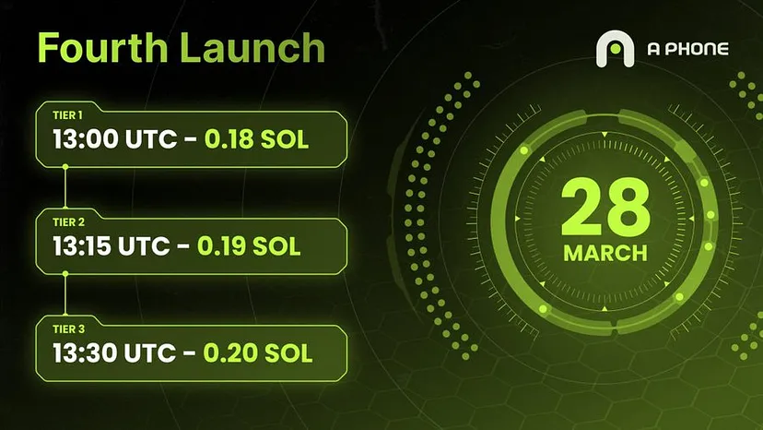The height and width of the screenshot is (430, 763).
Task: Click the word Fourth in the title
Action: [102, 47]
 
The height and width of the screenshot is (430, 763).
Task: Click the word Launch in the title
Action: [252, 47]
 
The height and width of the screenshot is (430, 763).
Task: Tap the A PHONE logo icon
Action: [615, 49]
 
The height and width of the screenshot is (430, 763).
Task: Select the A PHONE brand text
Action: [687, 49]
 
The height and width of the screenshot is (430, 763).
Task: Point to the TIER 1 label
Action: [67, 115]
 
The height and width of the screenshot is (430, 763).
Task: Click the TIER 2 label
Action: [68, 222]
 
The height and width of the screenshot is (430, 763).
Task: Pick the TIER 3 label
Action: [68, 329]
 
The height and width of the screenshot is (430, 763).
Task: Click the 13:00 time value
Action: [86, 139]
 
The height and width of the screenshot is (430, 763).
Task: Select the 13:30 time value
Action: [86, 353]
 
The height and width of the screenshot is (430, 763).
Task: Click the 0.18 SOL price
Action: [256, 139]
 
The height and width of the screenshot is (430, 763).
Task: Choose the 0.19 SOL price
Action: [249, 246]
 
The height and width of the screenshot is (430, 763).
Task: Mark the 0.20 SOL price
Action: [257, 353]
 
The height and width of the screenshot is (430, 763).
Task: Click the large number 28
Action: [605, 207]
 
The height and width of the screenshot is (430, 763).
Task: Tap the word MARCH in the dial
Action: [605, 253]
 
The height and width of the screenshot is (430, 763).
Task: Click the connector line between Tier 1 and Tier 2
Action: [65, 187]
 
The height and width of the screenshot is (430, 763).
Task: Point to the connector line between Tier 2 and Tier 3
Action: [65, 294]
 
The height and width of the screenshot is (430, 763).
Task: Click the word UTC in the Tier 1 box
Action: [151, 139]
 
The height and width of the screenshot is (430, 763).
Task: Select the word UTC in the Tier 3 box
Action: [150, 353]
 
